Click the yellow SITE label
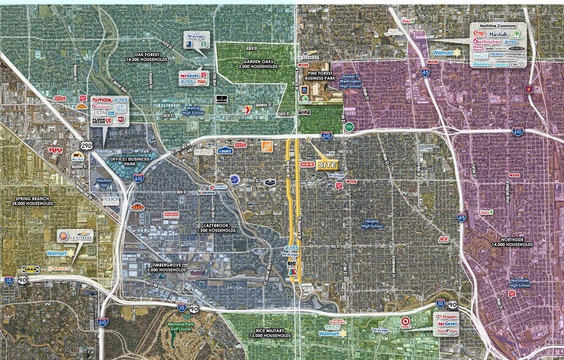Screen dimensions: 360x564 point(326,165)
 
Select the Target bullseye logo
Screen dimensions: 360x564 point(405,321)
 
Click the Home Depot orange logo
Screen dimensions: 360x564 point(268,145)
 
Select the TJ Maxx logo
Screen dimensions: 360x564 point(101,99)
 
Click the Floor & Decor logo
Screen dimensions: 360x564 point(101,121)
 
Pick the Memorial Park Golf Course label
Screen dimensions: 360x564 point(181,328)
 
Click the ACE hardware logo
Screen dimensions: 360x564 point(443,239)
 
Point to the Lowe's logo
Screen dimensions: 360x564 point(225,150)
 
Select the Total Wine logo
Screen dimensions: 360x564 point(446,331)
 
